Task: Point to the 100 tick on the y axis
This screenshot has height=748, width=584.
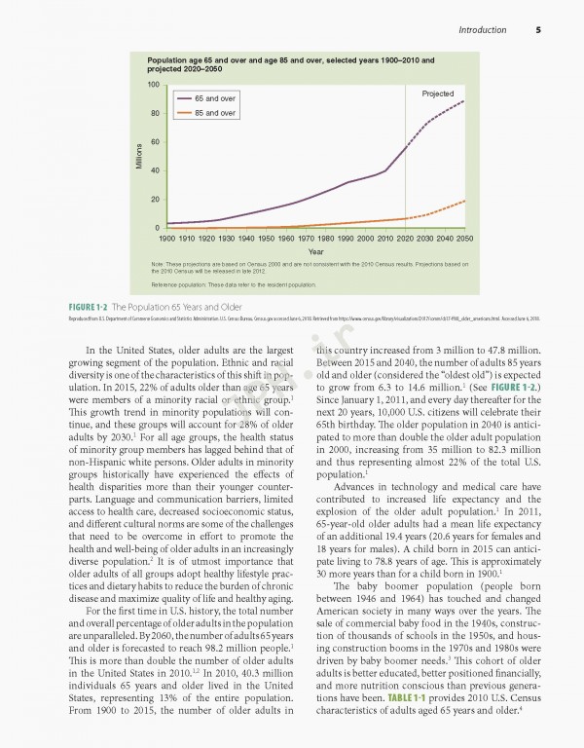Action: click(154, 85)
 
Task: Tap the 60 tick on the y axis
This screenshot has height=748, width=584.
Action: click(155, 142)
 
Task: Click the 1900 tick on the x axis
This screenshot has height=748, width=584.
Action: click(167, 237)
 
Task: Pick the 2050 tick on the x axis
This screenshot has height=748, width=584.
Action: click(465, 237)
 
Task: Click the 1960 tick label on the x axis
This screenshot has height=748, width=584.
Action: click(286, 237)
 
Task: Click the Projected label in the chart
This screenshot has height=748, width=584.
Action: click(439, 93)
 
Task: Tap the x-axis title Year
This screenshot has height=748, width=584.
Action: click(315, 250)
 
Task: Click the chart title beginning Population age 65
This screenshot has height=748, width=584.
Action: click(289, 65)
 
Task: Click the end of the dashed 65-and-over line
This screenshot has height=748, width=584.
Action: click(464, 100)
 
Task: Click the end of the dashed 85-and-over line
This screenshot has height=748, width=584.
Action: click(464, 201)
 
